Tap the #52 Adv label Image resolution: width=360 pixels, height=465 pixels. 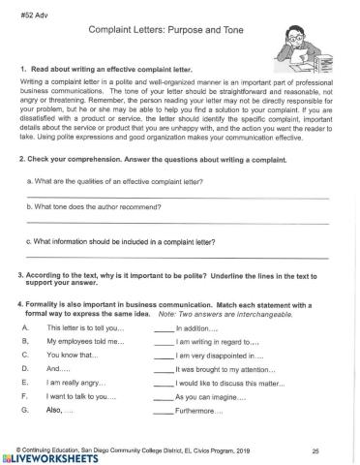tap(33, 10)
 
